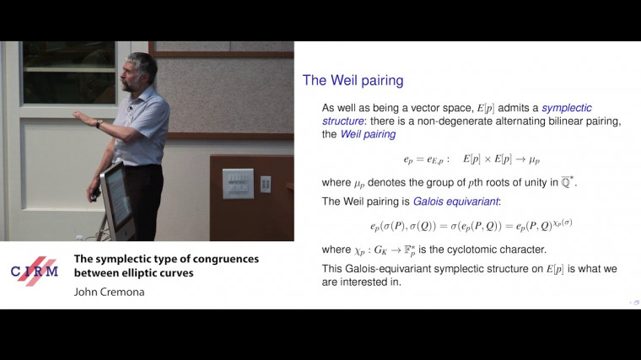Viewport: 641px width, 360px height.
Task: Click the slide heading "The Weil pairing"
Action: click(353, 81)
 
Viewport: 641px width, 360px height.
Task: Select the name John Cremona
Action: click(110, 292)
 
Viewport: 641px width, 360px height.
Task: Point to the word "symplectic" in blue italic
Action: click(567, 108)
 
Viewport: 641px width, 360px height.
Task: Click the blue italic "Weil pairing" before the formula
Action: click(368, 135)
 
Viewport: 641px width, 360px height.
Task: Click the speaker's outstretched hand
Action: click(82, 117)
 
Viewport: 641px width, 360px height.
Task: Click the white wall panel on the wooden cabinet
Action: click(237, 184)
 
